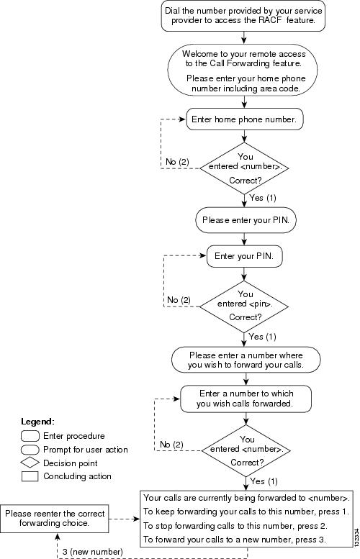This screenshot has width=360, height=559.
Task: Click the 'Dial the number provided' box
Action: tap(243, 16)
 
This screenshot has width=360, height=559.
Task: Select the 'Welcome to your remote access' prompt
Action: tap(243, 71)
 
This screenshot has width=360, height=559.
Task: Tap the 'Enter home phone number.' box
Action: tap(244, 119)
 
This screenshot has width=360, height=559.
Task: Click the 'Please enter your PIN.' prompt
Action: tap(246, 220)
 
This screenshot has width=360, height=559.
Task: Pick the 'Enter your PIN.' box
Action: tap(244, 256)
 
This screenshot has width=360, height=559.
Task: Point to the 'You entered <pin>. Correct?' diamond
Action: tap(244, 306)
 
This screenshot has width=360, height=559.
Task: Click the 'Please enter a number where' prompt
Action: tap(246, 360)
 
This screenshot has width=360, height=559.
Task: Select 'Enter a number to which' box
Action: tap(246, 399)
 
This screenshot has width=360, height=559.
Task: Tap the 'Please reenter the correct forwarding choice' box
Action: tap(54, 519)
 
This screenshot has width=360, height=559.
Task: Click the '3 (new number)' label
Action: tap(93, 552)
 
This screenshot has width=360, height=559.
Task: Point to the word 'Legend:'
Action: tap(38, 422)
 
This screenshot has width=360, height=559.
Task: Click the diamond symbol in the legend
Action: tap(30, 463)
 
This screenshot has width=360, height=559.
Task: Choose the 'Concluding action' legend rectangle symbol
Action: tap(30, 476)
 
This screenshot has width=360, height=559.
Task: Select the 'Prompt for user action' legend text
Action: tap(86, 450)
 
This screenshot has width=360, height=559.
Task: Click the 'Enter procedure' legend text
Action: tap(74, 436)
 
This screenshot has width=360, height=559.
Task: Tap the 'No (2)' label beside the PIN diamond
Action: tap(179, 300)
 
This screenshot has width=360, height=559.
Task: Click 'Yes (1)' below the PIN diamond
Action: tap(263, 337)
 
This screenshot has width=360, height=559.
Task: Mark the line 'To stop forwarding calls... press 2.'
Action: tap(235, 526)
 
